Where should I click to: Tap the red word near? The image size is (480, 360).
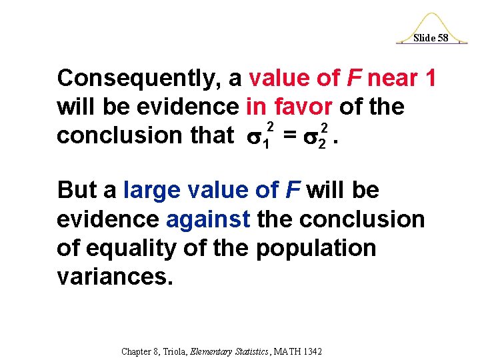[392, 79]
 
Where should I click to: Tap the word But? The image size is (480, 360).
[79, 191]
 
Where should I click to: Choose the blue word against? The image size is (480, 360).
[207, 219]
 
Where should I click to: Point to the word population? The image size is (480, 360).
[316, 248]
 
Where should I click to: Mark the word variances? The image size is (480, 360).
[115, 276]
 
